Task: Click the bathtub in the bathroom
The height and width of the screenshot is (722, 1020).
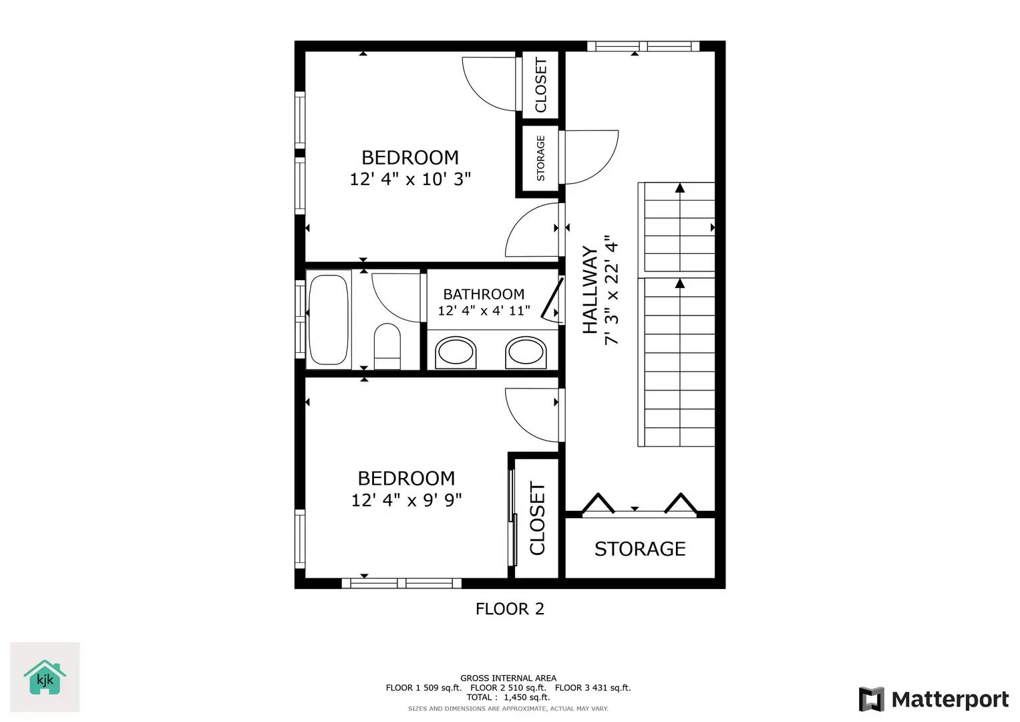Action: coord(329,320)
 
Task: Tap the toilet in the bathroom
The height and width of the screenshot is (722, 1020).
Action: coord(387,346)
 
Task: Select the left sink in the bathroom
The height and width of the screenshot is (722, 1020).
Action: coord(456,352)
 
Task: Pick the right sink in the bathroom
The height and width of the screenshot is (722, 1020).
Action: coord(526,352)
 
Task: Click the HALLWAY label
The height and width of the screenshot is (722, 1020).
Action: coord(590,290)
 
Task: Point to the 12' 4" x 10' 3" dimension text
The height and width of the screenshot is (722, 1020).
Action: coord(410,179)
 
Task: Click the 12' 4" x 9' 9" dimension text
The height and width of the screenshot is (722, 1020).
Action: coord(406,500)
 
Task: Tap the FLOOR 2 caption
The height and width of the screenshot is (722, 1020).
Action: coord(510,609)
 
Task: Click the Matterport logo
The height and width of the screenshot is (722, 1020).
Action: coord(933,699)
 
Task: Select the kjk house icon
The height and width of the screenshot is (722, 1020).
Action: coord(45,678)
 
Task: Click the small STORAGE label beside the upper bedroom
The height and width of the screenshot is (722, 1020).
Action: coord(540,158)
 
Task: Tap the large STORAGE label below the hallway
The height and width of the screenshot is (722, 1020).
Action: coord(640,549)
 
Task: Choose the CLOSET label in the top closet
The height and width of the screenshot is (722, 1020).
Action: coord(540,85)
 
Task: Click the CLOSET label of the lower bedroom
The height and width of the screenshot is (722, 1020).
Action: coord(537,518)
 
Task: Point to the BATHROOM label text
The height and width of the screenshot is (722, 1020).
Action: coord(484,294)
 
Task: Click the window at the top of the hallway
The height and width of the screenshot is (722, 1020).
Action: coord(643,46)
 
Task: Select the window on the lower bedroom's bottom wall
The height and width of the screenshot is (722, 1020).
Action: coord(401,584)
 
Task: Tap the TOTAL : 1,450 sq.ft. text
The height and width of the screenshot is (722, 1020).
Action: coord(508,697)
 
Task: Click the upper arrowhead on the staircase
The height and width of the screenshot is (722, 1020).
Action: coord(680,188)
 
